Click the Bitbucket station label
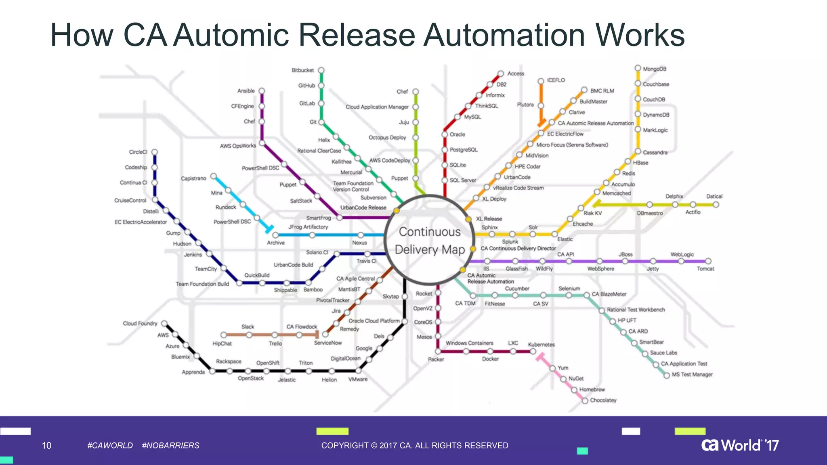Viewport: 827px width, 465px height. [x=302, y=70]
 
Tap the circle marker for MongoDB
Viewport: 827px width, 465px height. [x=638, y=68]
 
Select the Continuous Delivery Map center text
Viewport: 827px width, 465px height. [x=430, y=241]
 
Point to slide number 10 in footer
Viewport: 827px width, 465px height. [x=46, y=446]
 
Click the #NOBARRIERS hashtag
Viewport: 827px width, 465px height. [x=170, y=446]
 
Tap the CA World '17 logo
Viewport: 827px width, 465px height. [x=740, y=445]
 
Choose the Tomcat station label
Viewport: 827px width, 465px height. [x=705, y=269]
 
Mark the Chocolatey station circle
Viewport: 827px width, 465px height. [x=585, y=401]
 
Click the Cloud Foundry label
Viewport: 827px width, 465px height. [x=140, y=323]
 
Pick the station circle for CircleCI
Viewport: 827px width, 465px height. [x=154, y=152]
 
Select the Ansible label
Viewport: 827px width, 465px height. [x=246, y=91]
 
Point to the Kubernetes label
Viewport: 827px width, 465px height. [x=541, y=344]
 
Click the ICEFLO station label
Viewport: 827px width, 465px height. [x=556, y=80]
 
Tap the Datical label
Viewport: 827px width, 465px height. [x=714, y=197]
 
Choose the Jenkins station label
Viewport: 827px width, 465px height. [x=193, y=255]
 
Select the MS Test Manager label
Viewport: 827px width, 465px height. [x=692, y=375]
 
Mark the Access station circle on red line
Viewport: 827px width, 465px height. [x=500, y=73]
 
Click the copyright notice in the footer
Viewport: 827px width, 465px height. [x=415, y=446]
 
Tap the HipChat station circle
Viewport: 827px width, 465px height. [x=223, y=335]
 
